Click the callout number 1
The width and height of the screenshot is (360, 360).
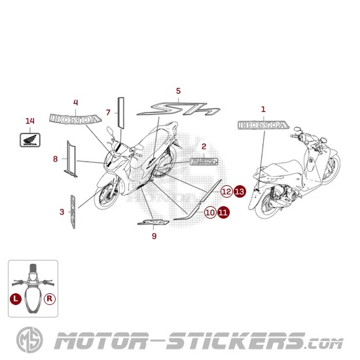(x=263, y=109)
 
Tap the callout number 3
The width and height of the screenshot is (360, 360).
(x=62, y=211)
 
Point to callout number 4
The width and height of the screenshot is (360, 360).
(x=76, y=102)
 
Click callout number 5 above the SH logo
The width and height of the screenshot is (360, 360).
(x=178, y=91)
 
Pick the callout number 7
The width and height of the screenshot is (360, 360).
(x=108, y=113)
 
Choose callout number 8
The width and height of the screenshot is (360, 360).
(x=56, y=158)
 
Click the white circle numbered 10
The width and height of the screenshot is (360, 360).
(x=209, y=212)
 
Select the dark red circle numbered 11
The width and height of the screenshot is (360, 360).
(x=223, y=212)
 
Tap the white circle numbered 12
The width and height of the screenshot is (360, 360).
(x=226, y=191)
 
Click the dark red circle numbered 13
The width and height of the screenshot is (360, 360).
(x=240, y=191)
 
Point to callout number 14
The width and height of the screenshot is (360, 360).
(x=29, y=121)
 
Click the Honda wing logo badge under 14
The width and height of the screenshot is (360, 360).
(x=29, y=139)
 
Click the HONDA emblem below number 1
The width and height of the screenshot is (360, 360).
(x=263, y=125)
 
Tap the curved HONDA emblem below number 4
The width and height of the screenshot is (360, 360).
(x=76, y=119)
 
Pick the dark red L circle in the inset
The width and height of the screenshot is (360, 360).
(x=16, y=298)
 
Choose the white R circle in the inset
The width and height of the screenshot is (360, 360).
(x=50, y=298)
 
